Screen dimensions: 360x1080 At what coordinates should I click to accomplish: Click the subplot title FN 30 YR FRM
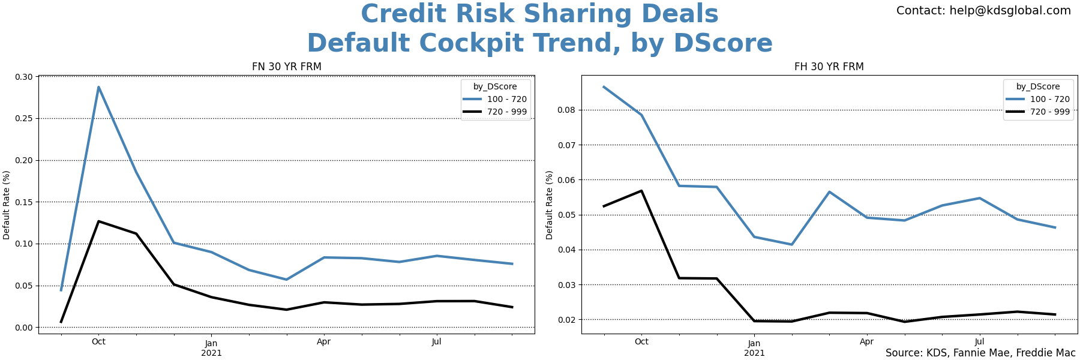pyautogui.click(x=286, y=67)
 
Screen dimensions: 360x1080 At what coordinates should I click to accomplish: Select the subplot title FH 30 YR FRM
pyautogui.click(x=829, y=67)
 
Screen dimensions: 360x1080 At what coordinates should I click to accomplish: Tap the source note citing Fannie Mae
pyautogui.click(x=980, y=353)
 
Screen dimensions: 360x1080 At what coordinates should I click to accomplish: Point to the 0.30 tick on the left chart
pyautogui.click(x=25, y=77)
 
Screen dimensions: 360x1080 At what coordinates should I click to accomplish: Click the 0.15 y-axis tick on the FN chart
pyautogui.click(x=25, y=202)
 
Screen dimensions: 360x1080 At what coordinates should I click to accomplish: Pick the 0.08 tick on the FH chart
pyautogui.click(x=567, y=110)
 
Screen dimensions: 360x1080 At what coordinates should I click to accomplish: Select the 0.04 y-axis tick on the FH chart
pyautogui.click(x=567, y=250)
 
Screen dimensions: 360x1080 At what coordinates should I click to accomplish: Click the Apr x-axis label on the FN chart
pyautogui.click(x=323, y=342)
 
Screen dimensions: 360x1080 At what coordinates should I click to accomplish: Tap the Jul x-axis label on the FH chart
pyautogui.click(x=979, y=342)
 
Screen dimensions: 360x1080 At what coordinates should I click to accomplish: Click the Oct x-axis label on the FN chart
pyautogui.click(x=98, y=342)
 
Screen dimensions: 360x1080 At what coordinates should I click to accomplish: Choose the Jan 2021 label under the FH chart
pyautogui.click(x=754, y=348)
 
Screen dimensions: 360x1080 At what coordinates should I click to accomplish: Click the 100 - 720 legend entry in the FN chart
pyautogui.click(x=506, y=100)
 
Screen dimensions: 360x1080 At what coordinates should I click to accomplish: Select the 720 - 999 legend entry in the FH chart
pyautogui.click(x=1049, y=112)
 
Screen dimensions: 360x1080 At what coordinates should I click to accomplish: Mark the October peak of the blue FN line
pyautogui.click(x=98, y=87)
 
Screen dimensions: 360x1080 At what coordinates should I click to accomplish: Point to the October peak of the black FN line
pyautogui.click(x=98, y=221)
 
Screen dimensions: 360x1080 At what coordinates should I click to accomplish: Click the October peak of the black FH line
pyautogui.click(x=641, y=191)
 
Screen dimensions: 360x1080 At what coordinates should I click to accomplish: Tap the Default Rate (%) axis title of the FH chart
pyautogui.click(x=549, y=205)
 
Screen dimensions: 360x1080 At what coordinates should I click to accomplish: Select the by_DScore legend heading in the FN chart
pyautogui.click(x=495, y=86)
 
